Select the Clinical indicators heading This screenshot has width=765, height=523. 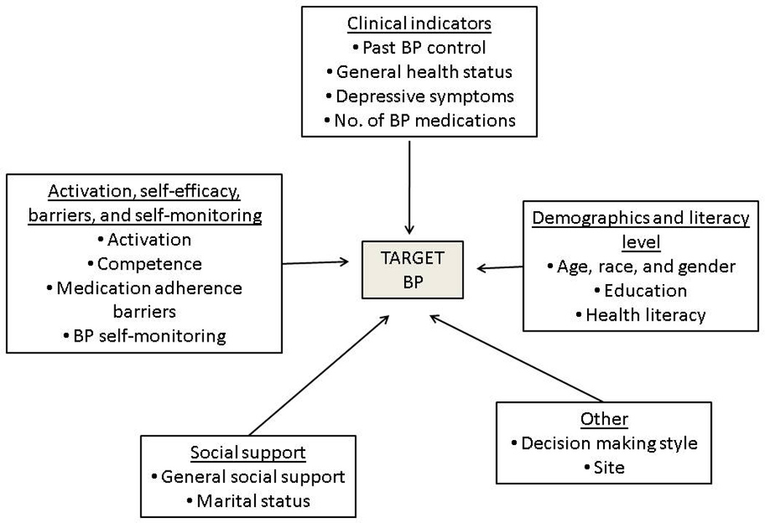[x=419, y=23]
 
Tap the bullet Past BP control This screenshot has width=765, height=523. [x=419, y=47]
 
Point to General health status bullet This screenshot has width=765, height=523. [x=419, y=71]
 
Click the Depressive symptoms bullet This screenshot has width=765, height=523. [x=419, y=95]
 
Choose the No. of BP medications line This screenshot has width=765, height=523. [x=419, y=119]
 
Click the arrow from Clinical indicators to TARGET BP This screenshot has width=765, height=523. [x=410, y=189]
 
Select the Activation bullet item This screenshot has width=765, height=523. [x=144, y=239]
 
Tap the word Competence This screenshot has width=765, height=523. [x=149, y=263]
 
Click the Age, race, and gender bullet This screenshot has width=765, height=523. [x=641, y=267]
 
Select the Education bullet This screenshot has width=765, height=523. [x=640, y=291]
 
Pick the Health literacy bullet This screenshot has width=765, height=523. [x=640, y=315]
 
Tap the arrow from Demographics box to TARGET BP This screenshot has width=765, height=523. [x=501, y=267]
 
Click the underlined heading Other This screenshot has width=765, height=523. [x=604, y=420]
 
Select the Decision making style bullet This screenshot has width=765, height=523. [x=604, y=444]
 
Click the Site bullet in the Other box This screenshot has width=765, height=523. [x=604, y=468]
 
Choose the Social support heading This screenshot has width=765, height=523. [x=248, y=453]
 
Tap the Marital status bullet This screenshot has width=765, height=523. [x=248, y=501]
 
